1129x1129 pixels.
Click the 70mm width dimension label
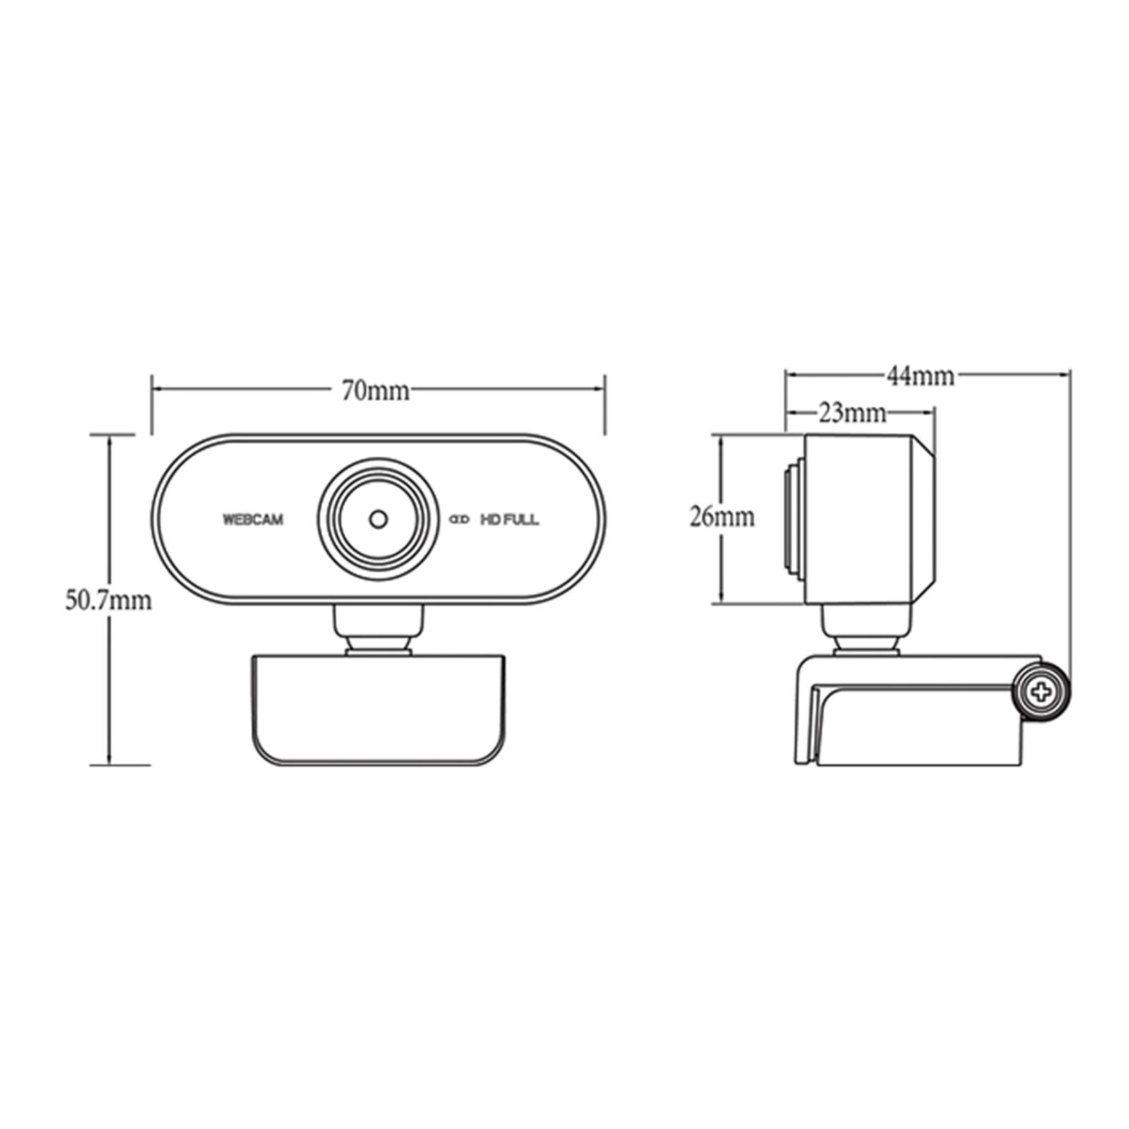pyautogui.click(x=375, y=390)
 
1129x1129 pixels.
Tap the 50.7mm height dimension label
pyautogui.click(x=109, y=600)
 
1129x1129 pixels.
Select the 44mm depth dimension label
pyautogui.click(x=921, y=376)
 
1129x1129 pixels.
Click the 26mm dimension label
pyautogui.click(x=722, y=517)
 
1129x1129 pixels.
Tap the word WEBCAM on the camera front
pyautogui.click(x=253, y=520)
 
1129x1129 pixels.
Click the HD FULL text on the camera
pyautogui.click(x=509, y=520)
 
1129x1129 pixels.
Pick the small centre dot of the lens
pyautogui.click(x=379, y=519)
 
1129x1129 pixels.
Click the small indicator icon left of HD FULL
pyautogui.click(x=460, y=520)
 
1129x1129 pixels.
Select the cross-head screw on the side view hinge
pyautogui.click(x=1042, y=692)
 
